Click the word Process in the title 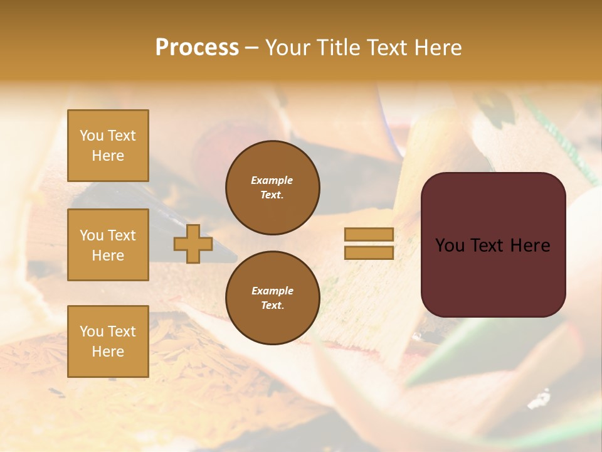[197, 48]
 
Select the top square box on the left [108, 146]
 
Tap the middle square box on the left [108, 245]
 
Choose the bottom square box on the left [108, 342]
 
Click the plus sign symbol [193, 244]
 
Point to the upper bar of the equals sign [369, 234]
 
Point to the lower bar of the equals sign [369, 252]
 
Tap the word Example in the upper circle [272, 180]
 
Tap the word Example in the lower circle [272, 291]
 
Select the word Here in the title [437, 48]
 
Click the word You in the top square [92, 136]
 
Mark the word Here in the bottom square [108, 352]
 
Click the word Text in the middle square [122, 235]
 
